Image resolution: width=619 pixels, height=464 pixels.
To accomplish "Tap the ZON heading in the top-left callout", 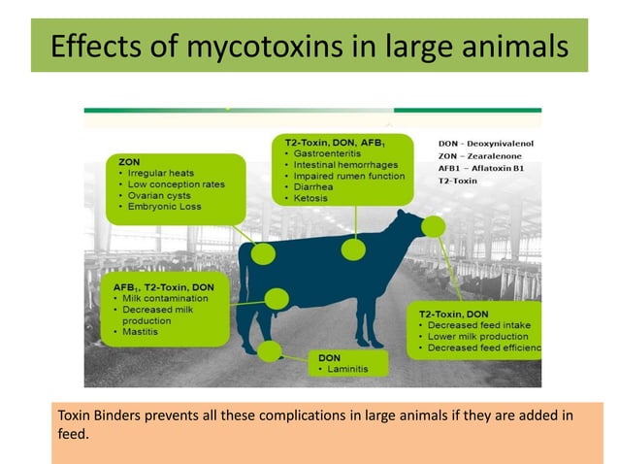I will tap(128, 160).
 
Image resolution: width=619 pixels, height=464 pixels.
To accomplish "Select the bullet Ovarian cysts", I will tap(158, 194).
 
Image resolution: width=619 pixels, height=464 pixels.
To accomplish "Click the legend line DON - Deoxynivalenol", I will tap(488, 143).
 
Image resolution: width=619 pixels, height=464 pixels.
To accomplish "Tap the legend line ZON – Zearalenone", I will tap(479, 155).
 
